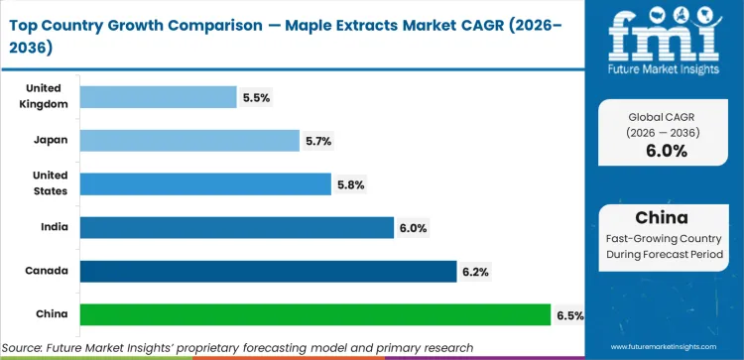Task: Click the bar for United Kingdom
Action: [158, 97]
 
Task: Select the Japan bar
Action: [188, 141]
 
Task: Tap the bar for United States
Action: [204, 184]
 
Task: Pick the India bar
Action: [236, 228]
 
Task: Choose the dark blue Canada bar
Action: [267, 272]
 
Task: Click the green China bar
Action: [314, 315]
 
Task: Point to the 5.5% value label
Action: [256, 97]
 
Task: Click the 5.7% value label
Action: [318, 141]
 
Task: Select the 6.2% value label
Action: [475, 272]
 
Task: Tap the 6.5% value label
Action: [569, 315]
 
